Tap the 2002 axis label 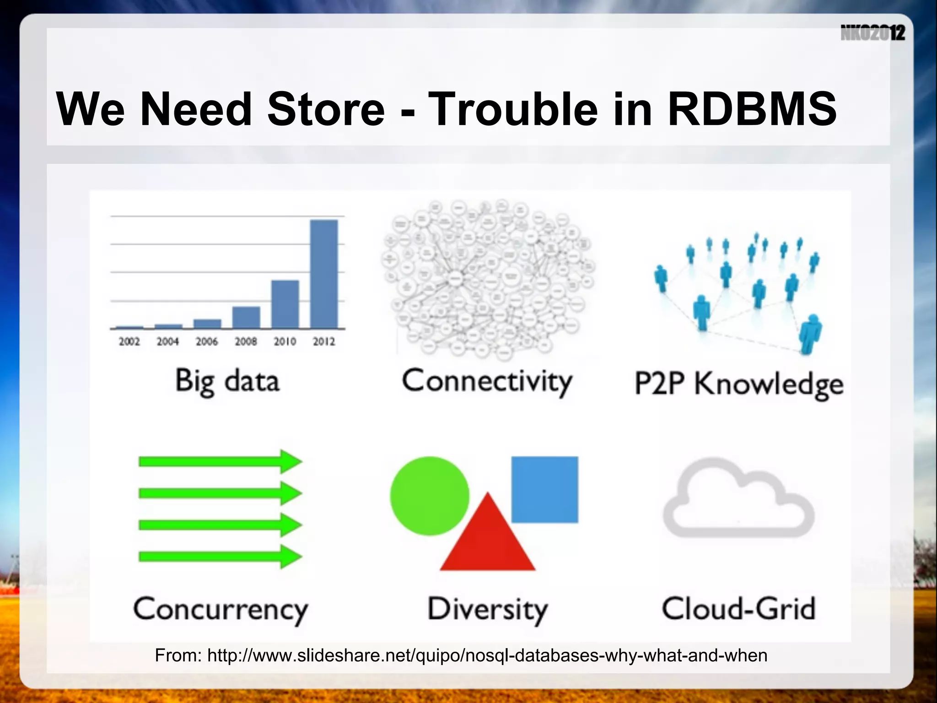coord(129,341)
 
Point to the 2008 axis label coord(246,341)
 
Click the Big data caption coord(227,381)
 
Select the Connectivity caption coord(487,381)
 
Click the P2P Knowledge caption coord(738,384)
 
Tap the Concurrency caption coord(221,609)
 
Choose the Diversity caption coord(487,609)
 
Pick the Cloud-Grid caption coord(738,608)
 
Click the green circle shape coord(429,496)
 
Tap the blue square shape coord(544,489)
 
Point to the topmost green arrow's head coord(290,461)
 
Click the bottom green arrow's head coord(290,557)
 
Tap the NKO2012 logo coord(872,33)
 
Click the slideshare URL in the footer coord(487,655)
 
